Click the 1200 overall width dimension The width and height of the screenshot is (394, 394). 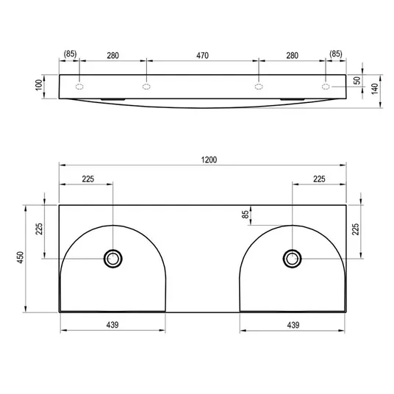[209, 160]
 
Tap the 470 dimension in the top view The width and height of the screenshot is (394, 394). [203, 55]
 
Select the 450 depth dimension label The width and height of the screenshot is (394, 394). [20, 257]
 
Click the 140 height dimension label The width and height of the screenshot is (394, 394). [375, 89]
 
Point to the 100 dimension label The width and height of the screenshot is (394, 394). [39, 85]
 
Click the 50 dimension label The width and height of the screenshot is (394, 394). [357, 80]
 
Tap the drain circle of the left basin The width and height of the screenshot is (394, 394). [113, 259]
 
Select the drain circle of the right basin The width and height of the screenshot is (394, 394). [293, 259]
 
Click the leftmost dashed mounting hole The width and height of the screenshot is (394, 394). [79, 87]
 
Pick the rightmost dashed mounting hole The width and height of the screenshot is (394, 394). [326, 87]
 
